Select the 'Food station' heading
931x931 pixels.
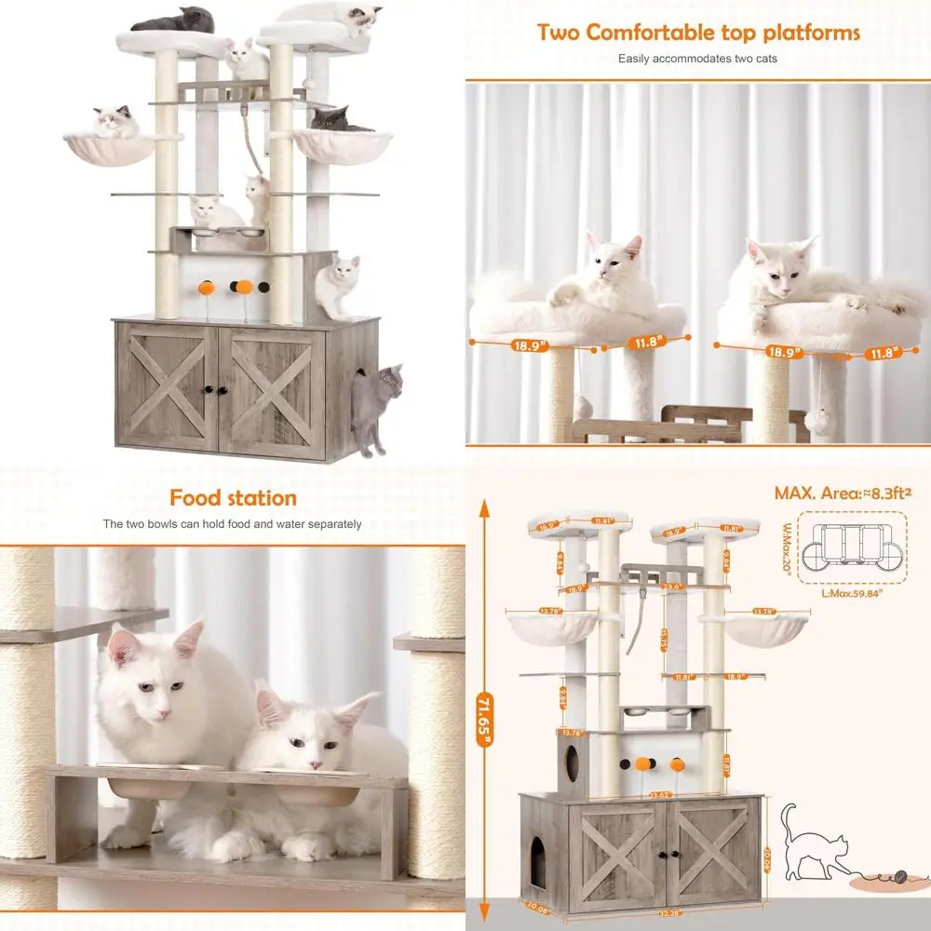click(233, 498)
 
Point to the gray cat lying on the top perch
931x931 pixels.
click(176, 19)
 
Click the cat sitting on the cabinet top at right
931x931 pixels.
click(337, 287)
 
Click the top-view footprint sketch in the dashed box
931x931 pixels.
click(851, 550)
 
